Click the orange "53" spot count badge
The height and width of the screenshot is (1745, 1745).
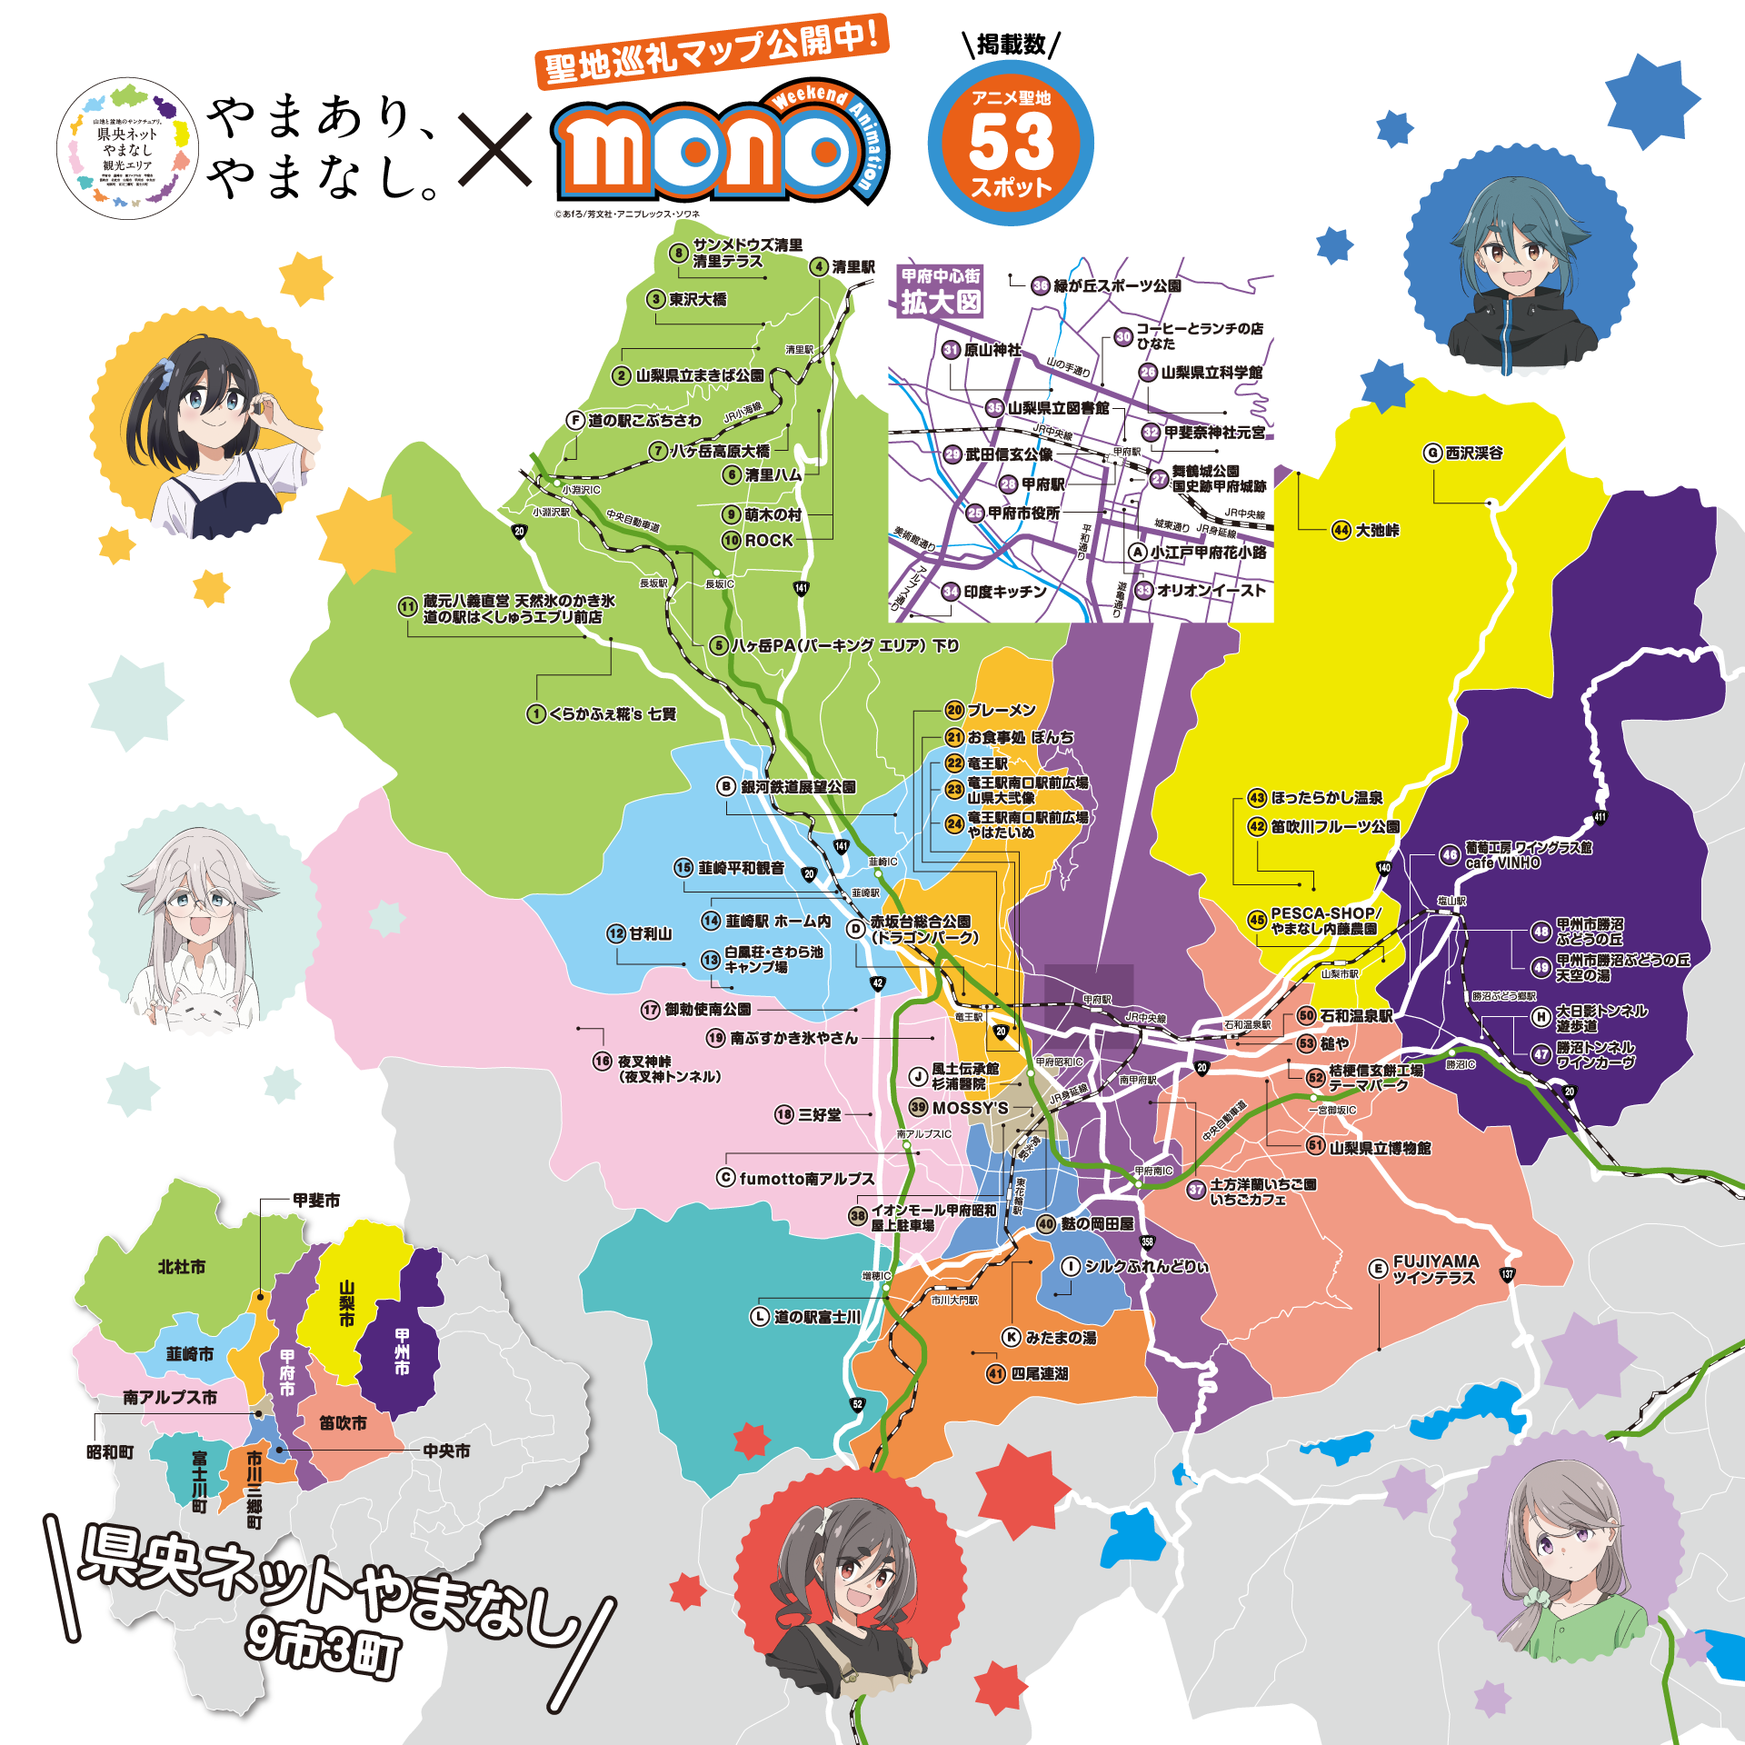[1011, 144]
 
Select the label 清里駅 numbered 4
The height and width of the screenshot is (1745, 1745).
[853, 267]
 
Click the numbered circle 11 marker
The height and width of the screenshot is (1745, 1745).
[408, 607]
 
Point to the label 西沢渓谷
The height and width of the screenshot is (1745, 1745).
[1474, 453]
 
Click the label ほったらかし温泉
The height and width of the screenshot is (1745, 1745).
[1326, 798]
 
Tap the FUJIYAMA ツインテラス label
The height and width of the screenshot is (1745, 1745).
[1435, 1270]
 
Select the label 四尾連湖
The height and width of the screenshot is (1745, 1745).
[1040, 1374]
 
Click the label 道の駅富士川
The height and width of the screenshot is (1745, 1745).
[816, 1317]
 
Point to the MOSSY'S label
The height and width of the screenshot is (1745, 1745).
[970, 1108]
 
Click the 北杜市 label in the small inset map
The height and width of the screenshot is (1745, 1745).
[182, 1267]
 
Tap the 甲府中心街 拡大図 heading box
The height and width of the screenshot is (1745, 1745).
[941, 291]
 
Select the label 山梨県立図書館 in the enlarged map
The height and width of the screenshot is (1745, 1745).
[1058, 408]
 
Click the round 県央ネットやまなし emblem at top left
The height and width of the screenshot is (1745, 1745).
[127, 148]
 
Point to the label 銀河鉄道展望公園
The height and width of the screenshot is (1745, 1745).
[798, 787]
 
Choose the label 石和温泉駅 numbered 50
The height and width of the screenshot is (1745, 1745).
[1355, 1016]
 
